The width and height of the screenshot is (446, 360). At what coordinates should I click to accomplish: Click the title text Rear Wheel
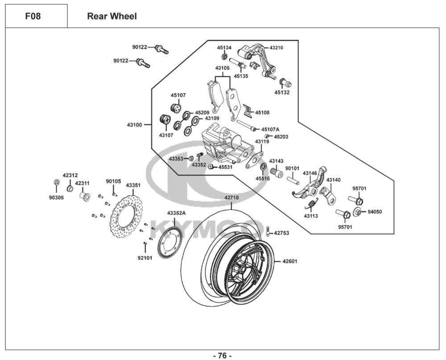point(112,16)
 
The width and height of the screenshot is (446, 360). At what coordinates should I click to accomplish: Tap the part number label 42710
point(231,197)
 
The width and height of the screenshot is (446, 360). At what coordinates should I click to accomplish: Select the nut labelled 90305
point(57,182)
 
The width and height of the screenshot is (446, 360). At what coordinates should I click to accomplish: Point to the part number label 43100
point(134,125)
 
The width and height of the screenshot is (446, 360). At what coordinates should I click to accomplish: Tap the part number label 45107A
point(270,130)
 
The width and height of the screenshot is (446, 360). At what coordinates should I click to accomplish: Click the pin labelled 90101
point(292,180)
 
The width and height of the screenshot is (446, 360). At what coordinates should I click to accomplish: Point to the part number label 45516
point(263,179)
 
